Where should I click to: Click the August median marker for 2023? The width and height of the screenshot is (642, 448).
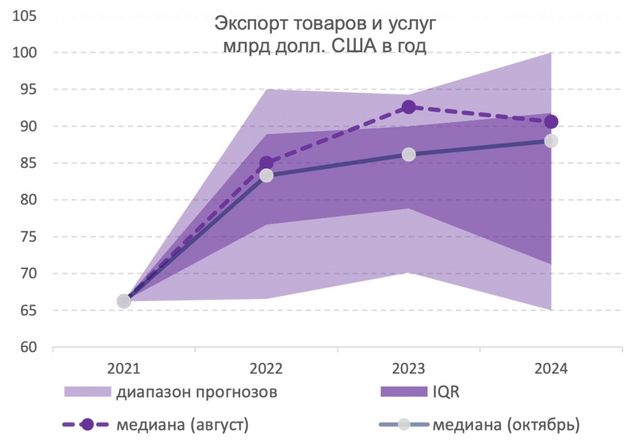pos(409,107)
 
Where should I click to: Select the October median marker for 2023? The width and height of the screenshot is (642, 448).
pos(409,154)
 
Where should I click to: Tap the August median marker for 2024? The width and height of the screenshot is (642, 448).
pos(551,122)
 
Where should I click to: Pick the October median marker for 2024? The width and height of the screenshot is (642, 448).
pos(551,140)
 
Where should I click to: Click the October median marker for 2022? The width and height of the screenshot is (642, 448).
pos(266,175)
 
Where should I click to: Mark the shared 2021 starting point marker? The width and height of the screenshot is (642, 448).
pos(124,301)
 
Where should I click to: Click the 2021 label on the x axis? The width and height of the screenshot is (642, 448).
pos(124,368)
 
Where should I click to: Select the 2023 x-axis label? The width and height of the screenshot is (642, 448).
pos(409,368)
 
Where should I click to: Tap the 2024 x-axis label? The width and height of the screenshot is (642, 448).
pos(551,368)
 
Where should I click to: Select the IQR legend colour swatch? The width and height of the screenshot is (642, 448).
pos(402,392)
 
